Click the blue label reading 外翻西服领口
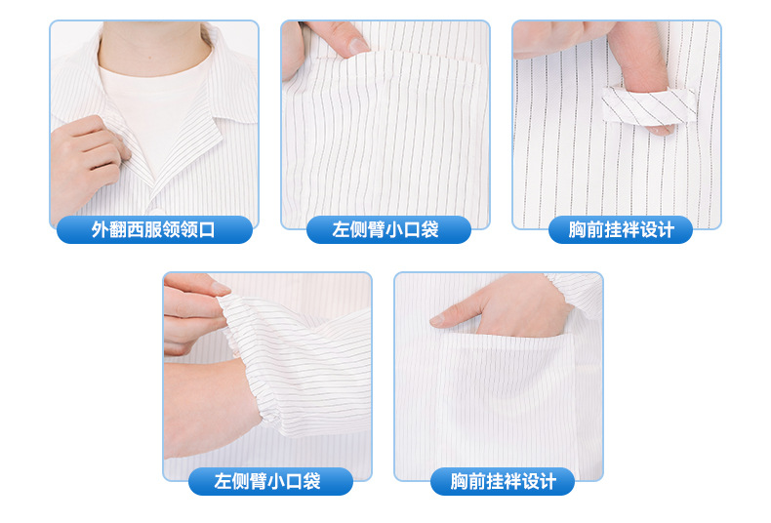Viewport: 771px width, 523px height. click(x=153, y=230)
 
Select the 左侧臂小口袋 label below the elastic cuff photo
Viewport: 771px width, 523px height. click(x=267, y=481)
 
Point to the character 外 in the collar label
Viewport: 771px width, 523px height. click(x=100, y=230)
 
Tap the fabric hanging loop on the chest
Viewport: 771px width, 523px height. click(x=649, y=104)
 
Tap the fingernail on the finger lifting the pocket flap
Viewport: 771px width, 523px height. click(x=357, y=45)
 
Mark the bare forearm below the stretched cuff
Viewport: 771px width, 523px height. click(x=210, y=410)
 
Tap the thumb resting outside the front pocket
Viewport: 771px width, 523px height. click(x=449, y=318)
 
